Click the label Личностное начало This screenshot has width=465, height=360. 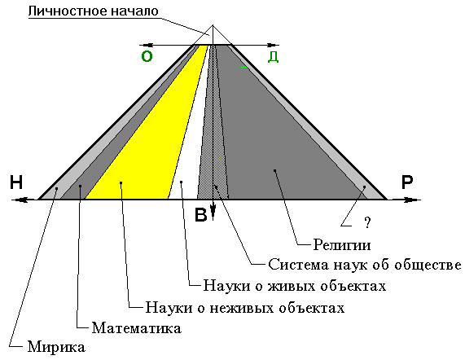tap(93, 11)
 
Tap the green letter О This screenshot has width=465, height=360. tap(147, 56)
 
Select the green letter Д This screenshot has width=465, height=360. tap(273, 56)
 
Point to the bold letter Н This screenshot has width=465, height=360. tap(16, 182)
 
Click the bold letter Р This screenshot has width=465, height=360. tap(407, 182)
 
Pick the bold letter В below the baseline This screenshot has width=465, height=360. tap(201, 215)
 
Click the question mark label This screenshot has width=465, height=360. tap(368, 222)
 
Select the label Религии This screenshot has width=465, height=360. tap(342, 245)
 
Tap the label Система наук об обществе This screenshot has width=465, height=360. tap(365, 265)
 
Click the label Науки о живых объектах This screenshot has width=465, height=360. tap(295, 286)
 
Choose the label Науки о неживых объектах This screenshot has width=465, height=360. tap(245, 308)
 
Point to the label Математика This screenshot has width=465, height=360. tap(137, 328)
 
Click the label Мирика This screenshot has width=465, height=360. tap(56, 347)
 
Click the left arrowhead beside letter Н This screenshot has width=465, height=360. tap(20, 200)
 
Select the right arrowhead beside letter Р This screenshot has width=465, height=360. tap(412, 200)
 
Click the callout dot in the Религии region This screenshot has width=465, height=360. tap(275, 170)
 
